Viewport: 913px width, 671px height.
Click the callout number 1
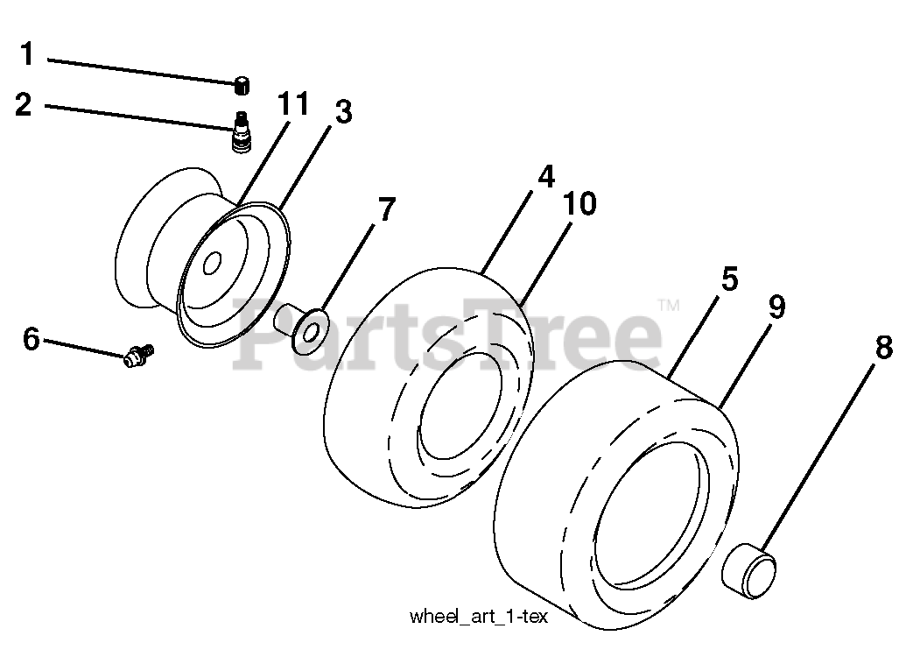(27, 55)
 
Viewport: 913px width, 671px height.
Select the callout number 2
(24, 105)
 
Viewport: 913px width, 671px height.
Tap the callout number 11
(293, 104)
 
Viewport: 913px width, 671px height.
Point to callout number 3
(342, 112)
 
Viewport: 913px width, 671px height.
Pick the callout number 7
(386, 210)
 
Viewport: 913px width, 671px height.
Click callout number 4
(545, 177)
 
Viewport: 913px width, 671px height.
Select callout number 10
(579, 205)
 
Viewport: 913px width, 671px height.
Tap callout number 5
(729, 280)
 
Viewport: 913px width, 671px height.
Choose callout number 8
(883, 347)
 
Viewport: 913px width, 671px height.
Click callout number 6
(32, 338)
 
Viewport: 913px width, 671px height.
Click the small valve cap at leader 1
(242, 85)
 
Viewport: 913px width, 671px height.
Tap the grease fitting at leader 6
(138, 355)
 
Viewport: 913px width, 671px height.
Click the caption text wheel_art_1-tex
(478, 617)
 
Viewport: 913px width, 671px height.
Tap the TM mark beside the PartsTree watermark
(668, 306)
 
